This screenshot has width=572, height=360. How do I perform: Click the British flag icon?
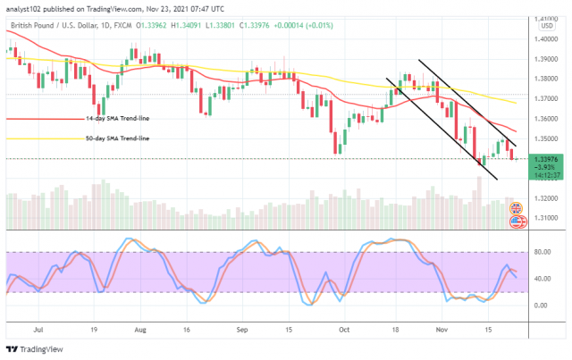click(x=516, y=208)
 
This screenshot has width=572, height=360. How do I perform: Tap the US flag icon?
click(x=516, y=221)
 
